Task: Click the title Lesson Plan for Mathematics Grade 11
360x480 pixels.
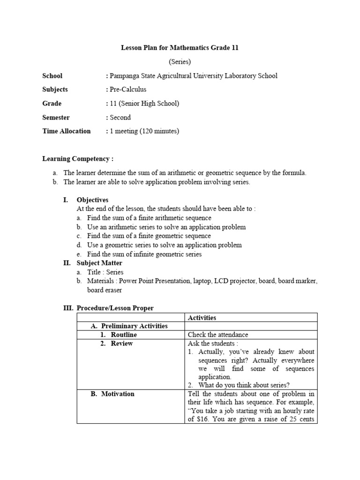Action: [180, 48]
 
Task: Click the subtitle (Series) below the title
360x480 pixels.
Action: [180, 62]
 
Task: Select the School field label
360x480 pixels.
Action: [52, 75]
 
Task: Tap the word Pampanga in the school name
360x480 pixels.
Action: [126, 75]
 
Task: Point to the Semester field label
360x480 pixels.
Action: [56, 117]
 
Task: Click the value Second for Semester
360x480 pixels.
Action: [120, 117]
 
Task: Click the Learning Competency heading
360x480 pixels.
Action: [78, 159]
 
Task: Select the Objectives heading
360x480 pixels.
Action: [92, 200]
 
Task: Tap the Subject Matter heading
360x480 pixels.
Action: [99, 263]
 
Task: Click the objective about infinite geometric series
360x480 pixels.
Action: [144, 254]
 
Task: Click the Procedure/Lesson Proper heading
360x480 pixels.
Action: [115, 308]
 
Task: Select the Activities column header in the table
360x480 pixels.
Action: [202, 317]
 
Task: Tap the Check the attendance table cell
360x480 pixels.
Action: [218, 335]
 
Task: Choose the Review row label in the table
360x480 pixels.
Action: [121, 344]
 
